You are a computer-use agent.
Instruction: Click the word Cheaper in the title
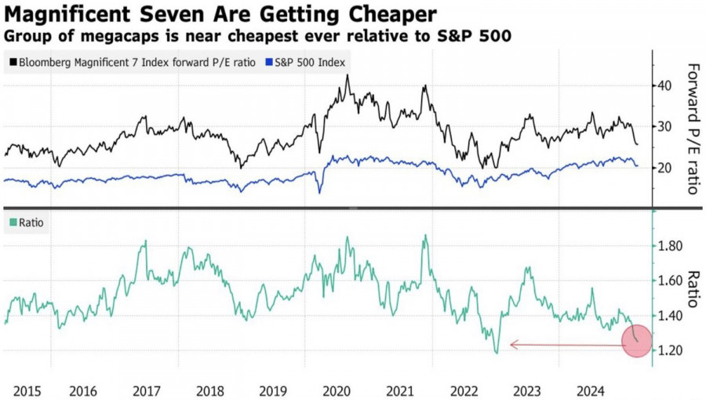point(390,14)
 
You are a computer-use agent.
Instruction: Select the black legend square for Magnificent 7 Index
point(13,62)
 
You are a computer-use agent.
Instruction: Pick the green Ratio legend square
point(13,223)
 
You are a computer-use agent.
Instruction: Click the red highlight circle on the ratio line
point(636,341)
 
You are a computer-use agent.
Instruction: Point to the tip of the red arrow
point(511,344)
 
